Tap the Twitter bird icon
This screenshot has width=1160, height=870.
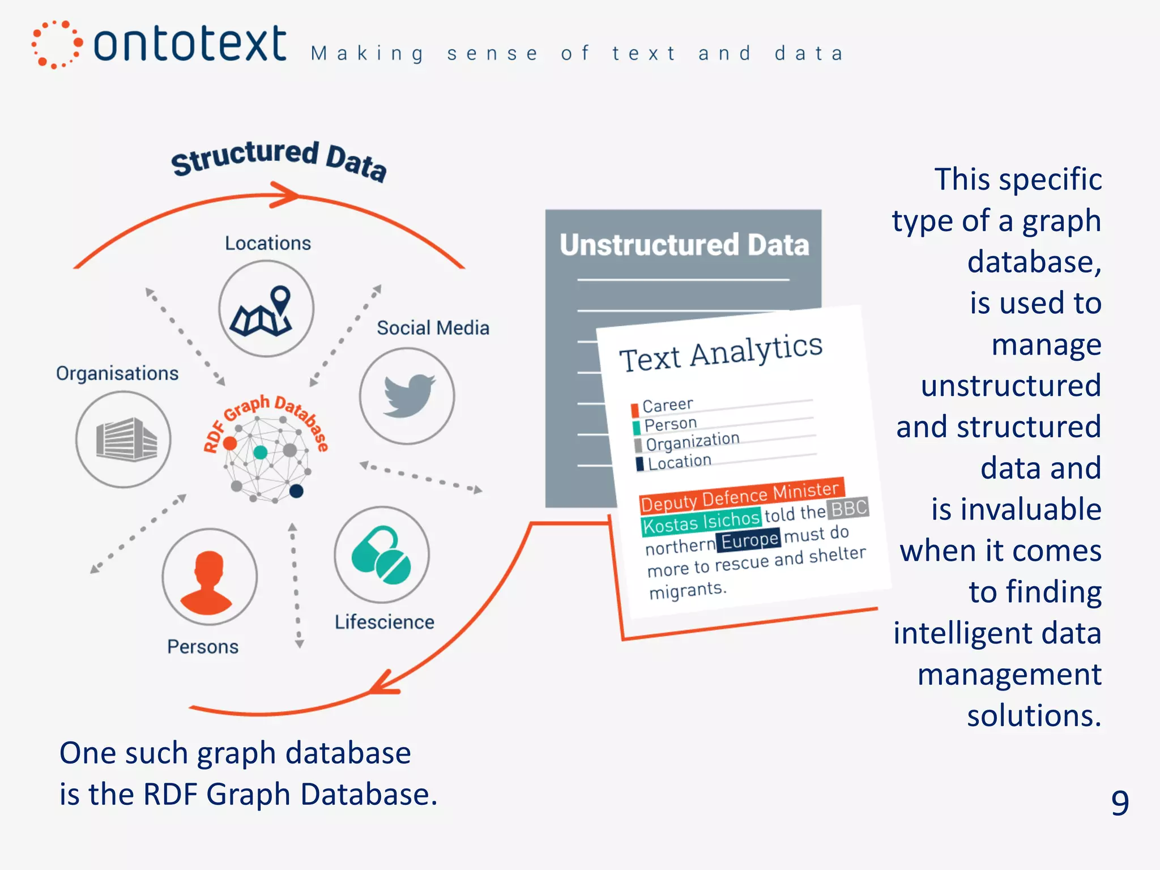408,395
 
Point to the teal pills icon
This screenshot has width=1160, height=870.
381,555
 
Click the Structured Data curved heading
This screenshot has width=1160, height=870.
279,160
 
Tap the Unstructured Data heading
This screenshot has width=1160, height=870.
684,245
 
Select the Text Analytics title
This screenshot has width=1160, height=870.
720,352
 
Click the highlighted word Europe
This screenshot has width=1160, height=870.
749,540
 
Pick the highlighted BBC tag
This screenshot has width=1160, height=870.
848,509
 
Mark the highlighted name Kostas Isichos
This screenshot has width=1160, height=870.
701,522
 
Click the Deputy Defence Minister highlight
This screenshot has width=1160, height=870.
740,496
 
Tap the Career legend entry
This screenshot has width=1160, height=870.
667,406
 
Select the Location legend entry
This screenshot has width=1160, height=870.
679,462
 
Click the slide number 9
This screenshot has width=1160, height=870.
1119,802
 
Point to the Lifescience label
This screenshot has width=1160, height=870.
384,622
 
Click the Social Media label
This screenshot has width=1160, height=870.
433,328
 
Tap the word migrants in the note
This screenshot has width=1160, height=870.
687,590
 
